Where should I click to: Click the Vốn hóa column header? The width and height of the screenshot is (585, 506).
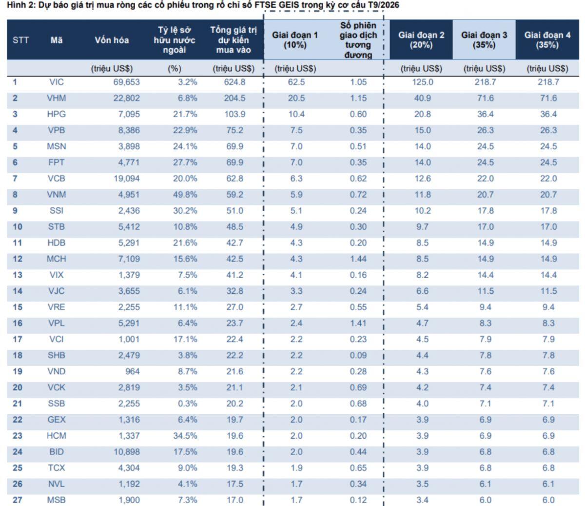click(x=112, y=40)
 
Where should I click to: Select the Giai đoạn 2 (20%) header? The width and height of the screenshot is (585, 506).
click(x=421, y=40)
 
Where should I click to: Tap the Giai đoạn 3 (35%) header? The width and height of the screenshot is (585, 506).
click(x=484, y=40)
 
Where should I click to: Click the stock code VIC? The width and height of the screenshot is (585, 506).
click(x=57, y=82)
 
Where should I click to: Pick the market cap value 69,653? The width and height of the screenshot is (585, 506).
click(x=127, y=82)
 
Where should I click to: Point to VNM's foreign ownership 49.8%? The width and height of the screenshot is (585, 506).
click(x=185, y=195)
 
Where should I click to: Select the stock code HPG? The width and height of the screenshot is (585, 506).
click(x=57, y=114)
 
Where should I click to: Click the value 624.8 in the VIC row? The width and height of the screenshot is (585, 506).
click(x=234, y=82)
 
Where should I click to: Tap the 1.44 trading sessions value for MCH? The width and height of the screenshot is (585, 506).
click(x=358, y=259)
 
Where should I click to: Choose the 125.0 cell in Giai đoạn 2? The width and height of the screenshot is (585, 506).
click(x=423, y=82)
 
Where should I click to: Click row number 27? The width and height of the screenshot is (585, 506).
click(x=18, y=500)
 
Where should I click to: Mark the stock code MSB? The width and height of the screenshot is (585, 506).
click(x=57, y=500)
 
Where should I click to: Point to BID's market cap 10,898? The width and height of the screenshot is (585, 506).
click(x=127, y=452)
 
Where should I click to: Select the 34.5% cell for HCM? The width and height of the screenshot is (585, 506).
click(x=185, y=436)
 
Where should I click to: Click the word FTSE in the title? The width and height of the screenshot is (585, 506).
click(x=265, y=5)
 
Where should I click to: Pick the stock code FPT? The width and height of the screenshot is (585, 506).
click(x=57, y=162)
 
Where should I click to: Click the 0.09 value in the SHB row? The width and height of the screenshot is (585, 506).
click(x=358, y=355)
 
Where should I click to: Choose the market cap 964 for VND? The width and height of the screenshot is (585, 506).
click(x=133, y=371)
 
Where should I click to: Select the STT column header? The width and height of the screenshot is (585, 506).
click(x=20, y=40)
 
